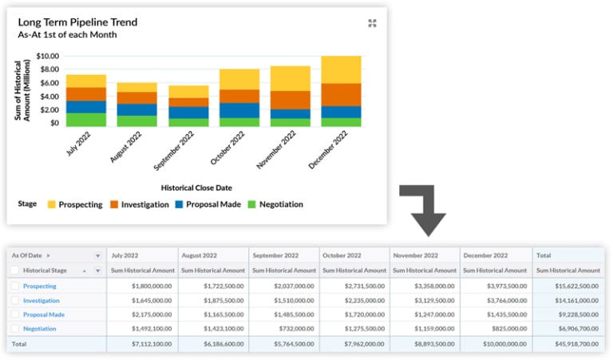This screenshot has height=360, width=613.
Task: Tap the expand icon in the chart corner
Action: click(372, 23)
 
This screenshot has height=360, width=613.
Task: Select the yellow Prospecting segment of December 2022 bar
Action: click(342, 70)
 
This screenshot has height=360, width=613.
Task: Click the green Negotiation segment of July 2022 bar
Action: click(86, 120)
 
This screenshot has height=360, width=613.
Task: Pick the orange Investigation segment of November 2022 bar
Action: click(291, 100)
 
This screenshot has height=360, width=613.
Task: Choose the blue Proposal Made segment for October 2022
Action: click(239, 110)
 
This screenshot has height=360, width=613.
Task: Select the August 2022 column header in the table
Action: click(199, 255)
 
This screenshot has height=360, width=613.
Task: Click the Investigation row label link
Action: click(42, 300)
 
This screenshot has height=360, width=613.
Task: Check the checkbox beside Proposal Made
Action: click(15, 315)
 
